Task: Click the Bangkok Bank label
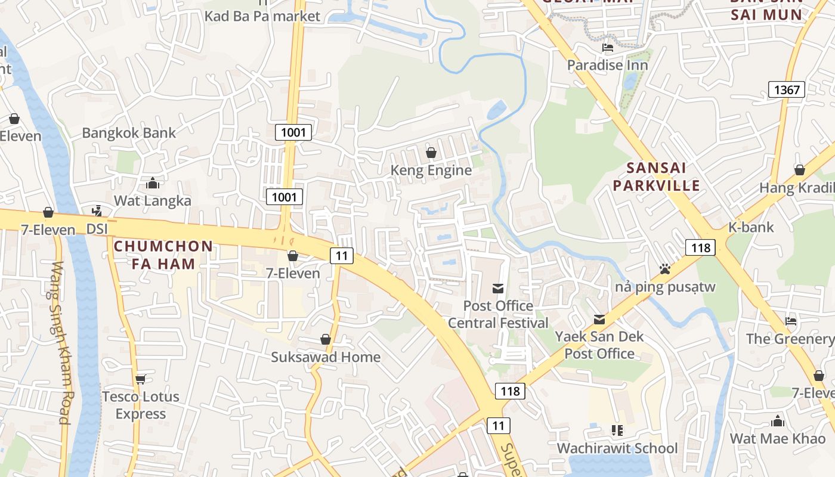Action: click(x=129, y=132)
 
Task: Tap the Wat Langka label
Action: click(x=153, y=200)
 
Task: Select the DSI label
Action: click(x=98, y=229)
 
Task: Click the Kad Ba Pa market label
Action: click(x=262, y=16)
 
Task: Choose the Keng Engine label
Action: click(x=431, y=171)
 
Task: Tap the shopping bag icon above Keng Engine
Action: click(x=431, y=153)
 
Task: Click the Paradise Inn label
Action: click(x=607, y=65)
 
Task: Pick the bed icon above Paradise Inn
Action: click(x=607, y=48)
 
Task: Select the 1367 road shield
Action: click(x=787, y=90)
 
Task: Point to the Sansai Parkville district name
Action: click(x=656, y=176)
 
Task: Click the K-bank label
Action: click(x=751, y=227)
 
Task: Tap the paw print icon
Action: click(x=665, y=270)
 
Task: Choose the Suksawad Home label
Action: click(x=326, y=357)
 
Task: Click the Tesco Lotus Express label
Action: click(x=141, y=405)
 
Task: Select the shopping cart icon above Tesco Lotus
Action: click(x=141, y=379)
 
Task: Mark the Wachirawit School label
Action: click(x=617, y=448)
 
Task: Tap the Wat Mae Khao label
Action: click(x=778, y=439)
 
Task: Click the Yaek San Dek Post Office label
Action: click(x=599, y=345)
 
